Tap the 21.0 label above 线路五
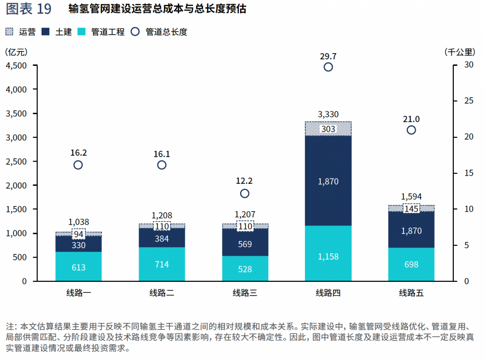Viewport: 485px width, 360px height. [411, 119]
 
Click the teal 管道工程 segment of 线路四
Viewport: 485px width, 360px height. [328, 253]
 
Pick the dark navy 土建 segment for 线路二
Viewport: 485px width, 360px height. [162, 237]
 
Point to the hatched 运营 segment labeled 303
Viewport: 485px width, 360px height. [328, 129]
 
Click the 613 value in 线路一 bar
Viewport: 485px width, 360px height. [79, 268]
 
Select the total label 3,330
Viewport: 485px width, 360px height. [328, 115]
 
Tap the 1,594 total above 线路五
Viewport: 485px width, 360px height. [411, 197]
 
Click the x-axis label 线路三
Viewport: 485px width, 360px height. [245, 293]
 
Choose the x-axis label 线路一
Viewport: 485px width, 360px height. [79, 293]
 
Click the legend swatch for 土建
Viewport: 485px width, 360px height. [45, 32]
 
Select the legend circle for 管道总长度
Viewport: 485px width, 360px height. [135, 32]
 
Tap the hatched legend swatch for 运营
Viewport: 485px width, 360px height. [9, 32]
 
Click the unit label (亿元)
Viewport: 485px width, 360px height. [16, 52]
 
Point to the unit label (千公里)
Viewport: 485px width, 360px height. [459, 52]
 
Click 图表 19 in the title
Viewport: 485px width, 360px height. [28, 9]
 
